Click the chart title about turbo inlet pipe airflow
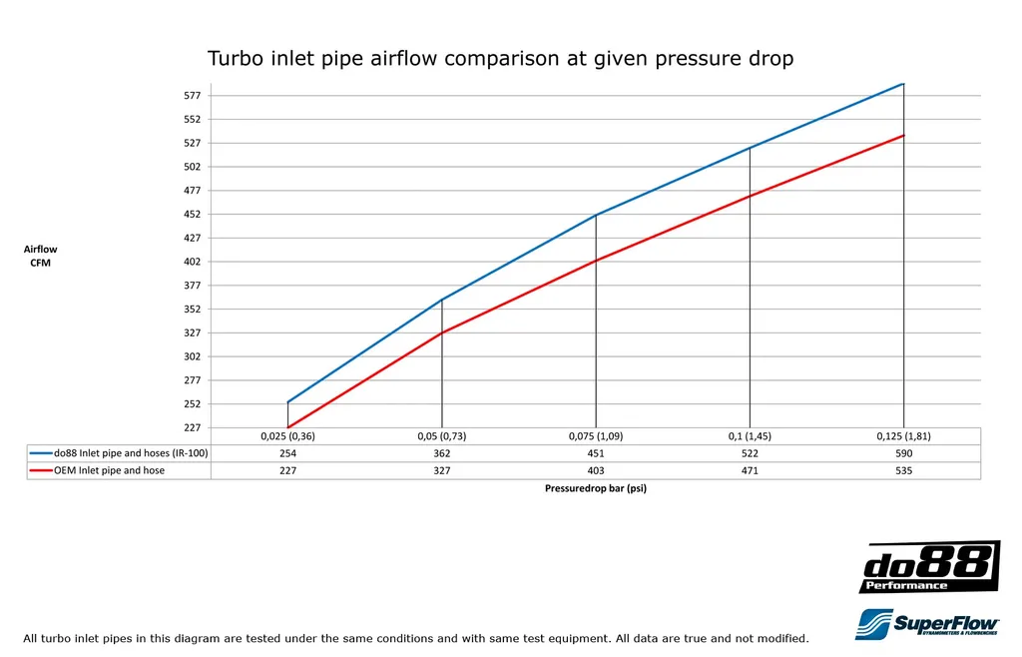500,59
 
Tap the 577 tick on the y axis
193,96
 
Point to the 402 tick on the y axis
193,262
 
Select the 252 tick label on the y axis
193,404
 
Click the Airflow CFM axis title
41,256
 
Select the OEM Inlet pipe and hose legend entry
110,470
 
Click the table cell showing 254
287,453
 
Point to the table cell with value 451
596,453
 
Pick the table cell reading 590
903,453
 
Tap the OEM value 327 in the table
441,470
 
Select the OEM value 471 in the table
750,470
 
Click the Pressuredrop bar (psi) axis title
596,489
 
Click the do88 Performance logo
929,567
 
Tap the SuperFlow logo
928,624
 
